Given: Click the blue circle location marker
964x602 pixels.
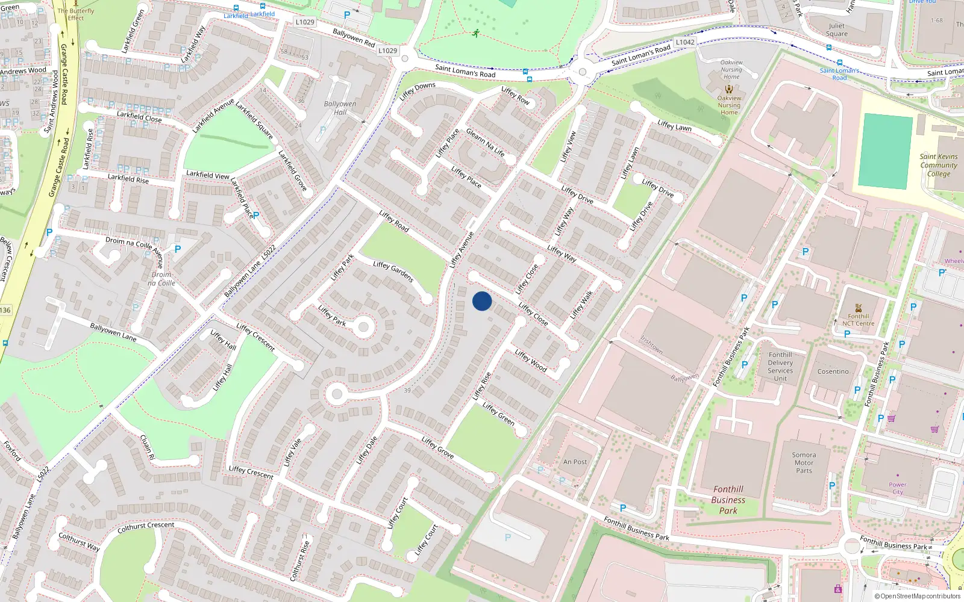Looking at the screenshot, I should (x=482, y=301).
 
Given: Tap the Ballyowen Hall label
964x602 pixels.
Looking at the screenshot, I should (x=340, y=108).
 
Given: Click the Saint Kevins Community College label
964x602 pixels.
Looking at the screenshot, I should (x=938, y=165).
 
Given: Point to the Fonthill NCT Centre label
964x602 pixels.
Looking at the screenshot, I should (x=858, y=320).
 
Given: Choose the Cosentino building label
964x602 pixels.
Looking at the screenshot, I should (x=833, y=371).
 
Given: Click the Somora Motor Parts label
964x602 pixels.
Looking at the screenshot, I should (x=804, y=463).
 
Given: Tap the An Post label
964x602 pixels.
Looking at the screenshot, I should (x=575, y=462).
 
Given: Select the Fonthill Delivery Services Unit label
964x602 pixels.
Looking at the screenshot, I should (x=780, y=367).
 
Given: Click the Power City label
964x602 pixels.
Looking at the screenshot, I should (x=897, y=488).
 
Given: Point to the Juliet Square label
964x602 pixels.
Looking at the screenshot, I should (x=836, y=29).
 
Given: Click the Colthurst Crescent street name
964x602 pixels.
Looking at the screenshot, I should (x=146, y=527).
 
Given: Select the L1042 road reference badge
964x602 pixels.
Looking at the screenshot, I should (x=685, y=42).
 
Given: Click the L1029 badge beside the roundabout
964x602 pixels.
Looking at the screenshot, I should (x=388, y=51).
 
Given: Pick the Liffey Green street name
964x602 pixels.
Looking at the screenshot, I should (x=498, y=414).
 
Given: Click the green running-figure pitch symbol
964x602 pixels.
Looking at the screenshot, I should (x=476, y=33).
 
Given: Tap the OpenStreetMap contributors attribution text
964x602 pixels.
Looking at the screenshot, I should (x=918, y=596).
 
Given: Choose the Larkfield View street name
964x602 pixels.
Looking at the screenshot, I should (x=207, y=175).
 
